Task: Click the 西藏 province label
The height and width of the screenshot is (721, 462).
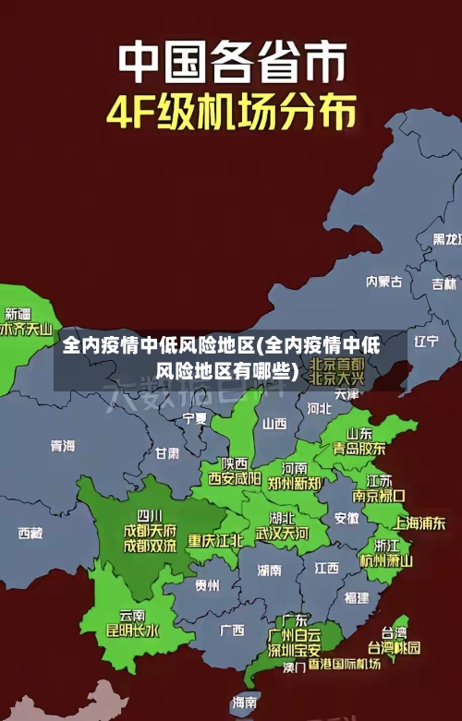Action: point(30,533)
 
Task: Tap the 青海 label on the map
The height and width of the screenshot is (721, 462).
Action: point(63,446)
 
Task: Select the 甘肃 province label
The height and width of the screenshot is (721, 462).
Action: point(167,453)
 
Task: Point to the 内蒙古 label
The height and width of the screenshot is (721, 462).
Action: point(383,255)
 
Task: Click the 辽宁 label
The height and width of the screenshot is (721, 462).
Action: point(426,341)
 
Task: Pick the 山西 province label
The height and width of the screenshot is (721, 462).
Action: point(274,424)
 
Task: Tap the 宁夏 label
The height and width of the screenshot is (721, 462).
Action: point(195,418)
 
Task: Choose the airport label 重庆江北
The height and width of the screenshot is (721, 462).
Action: point(215,540)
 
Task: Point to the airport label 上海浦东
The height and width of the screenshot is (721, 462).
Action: point(419,523)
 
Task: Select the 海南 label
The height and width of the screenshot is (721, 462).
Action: point(245,703)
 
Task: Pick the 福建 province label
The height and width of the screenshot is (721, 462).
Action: point(356,597)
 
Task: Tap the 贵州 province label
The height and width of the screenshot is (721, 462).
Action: point(207,584)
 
